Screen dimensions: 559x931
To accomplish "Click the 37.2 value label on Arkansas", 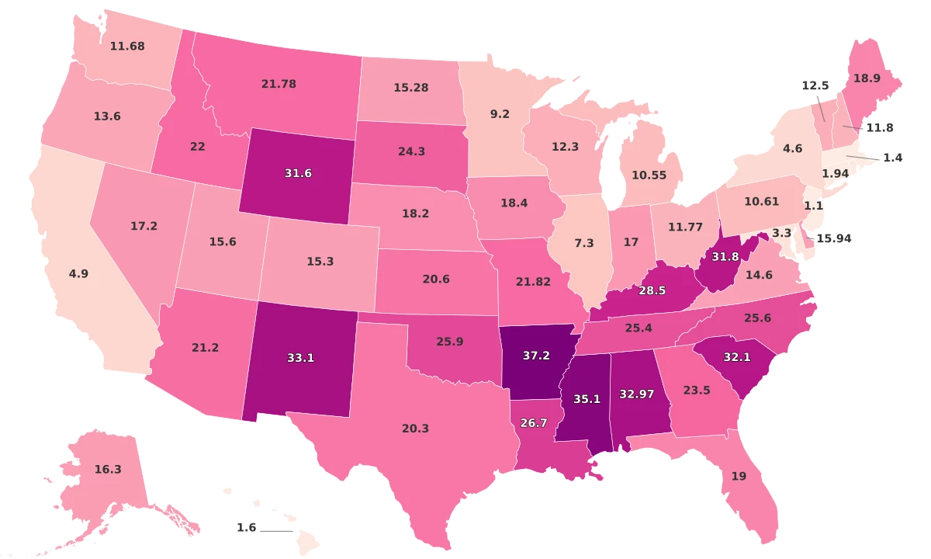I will pos(535,355).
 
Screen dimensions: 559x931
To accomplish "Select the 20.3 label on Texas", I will pos(416,428).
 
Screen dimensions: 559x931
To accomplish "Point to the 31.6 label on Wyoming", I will pos(297,173).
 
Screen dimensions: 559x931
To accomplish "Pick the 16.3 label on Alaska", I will pos(107,469).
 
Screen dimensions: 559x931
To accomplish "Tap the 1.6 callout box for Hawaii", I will pos(246,527).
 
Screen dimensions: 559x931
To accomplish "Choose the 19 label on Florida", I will pos(739,476).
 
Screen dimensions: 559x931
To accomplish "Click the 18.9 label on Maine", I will pos(867,78).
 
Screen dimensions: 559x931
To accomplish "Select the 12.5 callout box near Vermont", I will pos(815,85).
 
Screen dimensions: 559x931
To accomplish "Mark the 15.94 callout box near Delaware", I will pos(834,238).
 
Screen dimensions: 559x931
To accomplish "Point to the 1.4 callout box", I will pos(892,158).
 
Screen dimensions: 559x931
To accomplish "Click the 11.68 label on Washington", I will pos(128,47).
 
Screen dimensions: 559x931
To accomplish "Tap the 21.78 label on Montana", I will pos(279,84).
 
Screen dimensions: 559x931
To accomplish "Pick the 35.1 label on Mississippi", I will pos(587,399).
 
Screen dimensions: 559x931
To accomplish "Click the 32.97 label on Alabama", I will pos(636,394).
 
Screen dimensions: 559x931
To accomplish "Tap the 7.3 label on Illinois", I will pos(583,243).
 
